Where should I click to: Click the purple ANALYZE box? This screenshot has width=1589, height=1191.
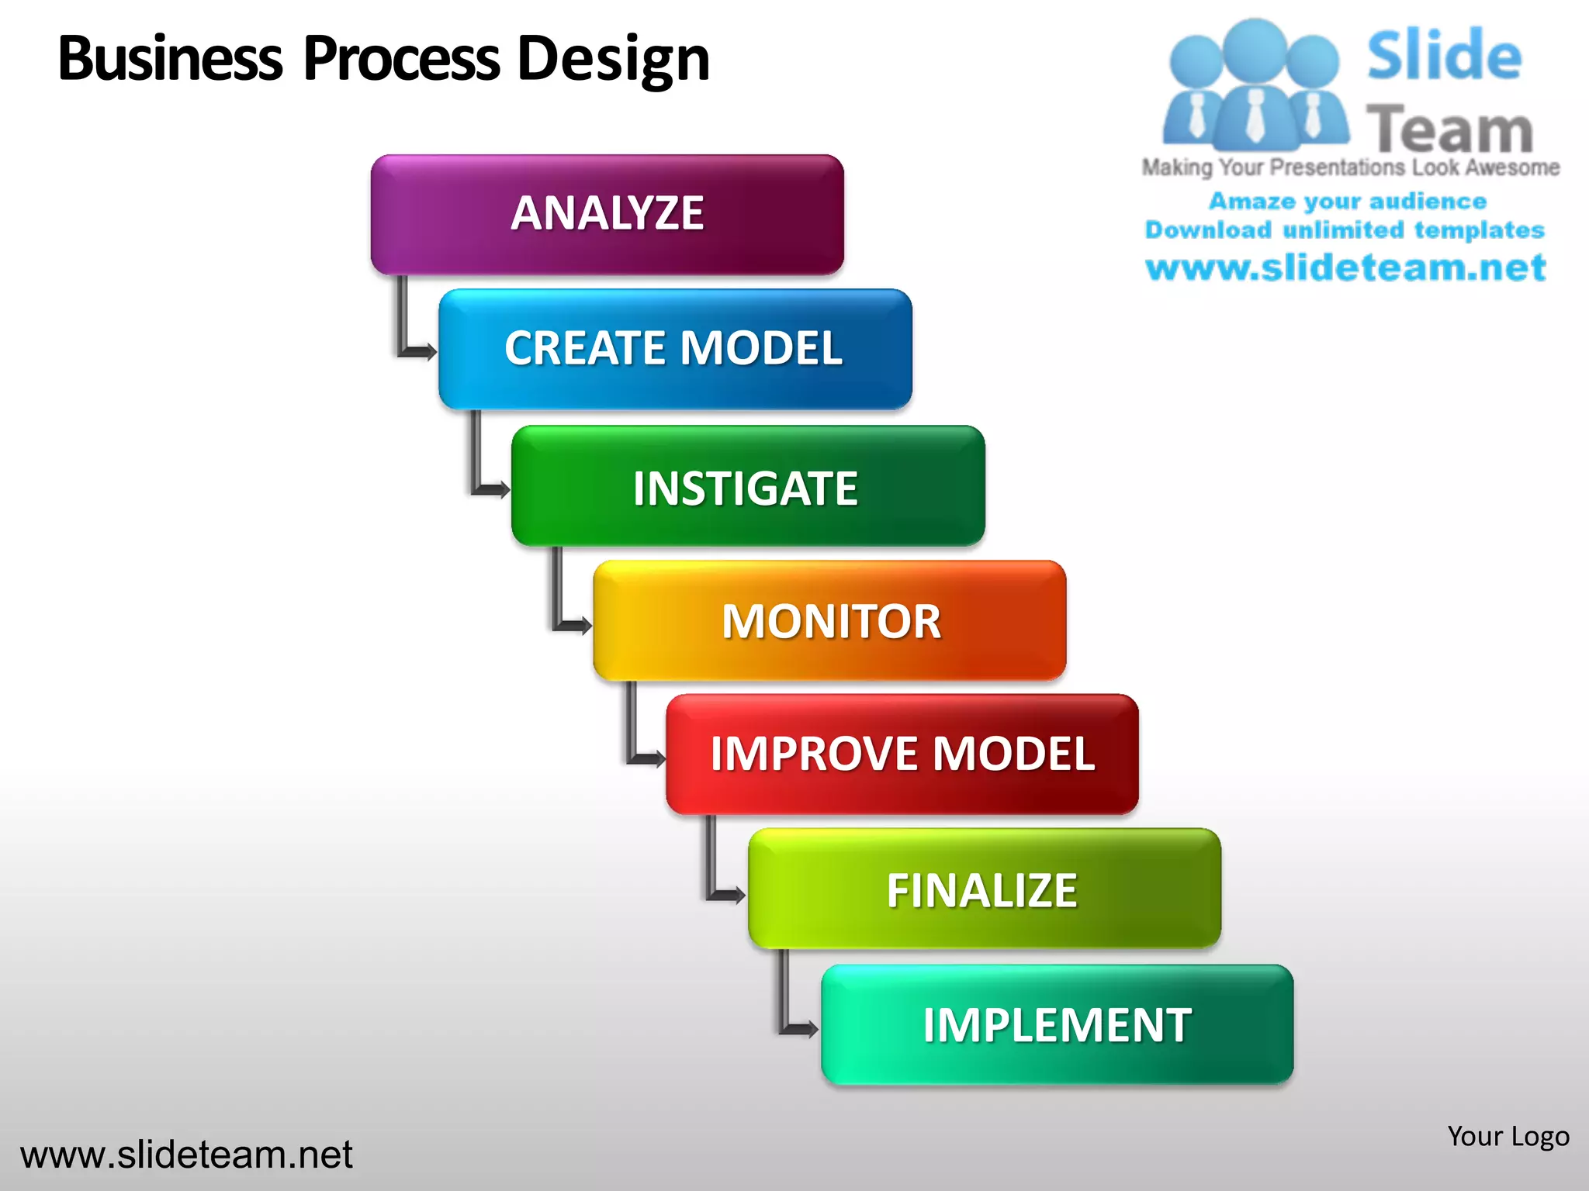(607, 214)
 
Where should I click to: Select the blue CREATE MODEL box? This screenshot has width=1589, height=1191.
(675, 349)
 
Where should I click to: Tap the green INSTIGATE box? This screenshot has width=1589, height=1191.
(748, 486)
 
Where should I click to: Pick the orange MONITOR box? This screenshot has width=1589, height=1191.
(829, 620)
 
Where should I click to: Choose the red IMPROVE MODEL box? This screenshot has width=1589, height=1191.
(902, 754)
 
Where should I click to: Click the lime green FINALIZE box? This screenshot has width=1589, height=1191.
(984, 889)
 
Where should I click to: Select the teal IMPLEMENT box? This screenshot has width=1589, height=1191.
(1057, 1024)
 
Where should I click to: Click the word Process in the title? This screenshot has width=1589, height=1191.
(402, 59)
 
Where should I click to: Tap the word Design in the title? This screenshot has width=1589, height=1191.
(613, 59)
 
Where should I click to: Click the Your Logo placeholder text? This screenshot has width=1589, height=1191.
(1508, 1136)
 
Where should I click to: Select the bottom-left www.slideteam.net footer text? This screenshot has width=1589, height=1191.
(186, 1155)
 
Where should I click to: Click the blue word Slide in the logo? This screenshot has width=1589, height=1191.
(1443, 56)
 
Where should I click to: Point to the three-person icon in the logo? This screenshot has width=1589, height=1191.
(1255, 85)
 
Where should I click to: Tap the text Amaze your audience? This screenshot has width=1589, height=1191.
(1348, 201)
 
